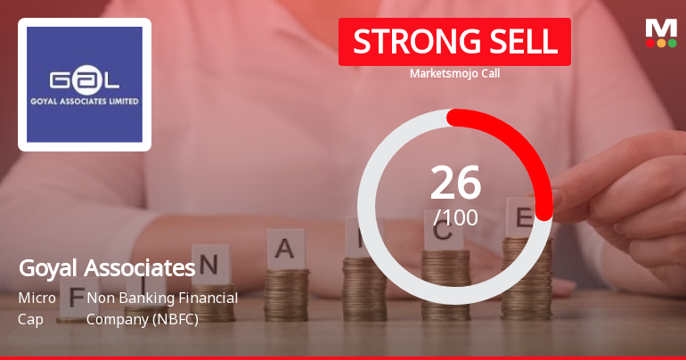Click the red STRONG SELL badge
click(x=454, y=42)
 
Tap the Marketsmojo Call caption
click(x=454, y=74)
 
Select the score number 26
click(x=455, y=183)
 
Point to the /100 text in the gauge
click(x=455, y=217)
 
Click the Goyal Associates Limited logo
click(x=85, y=85)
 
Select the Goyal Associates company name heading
click(x=106, y=267)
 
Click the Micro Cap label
click(x=37, y=307)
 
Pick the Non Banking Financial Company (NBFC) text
click(x=162, y=307)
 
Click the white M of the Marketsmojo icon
click(x=661, y=28)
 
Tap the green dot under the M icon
click(x=672, y=43)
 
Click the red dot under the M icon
click(x=650, y=43)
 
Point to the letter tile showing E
click(x=524, y=217)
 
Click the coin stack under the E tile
click(x=526, y=276)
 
